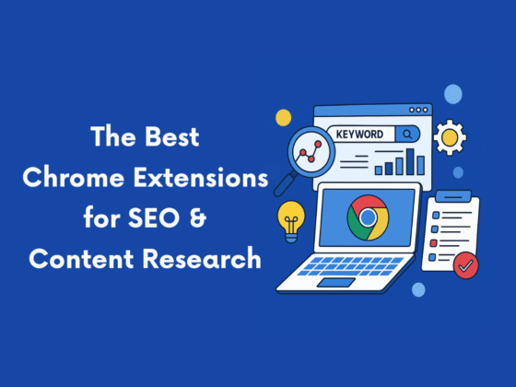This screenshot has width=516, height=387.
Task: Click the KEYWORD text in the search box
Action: click(x=359, y=135)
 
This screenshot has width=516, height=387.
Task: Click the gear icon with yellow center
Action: click(x=449, y=137)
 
